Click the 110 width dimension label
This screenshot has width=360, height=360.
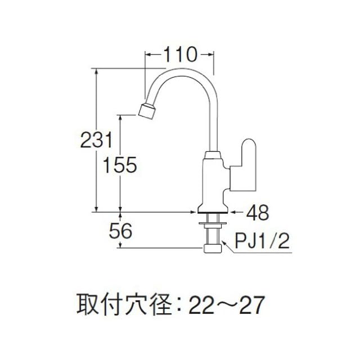(179, 55)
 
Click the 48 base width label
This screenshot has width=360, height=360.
(256, 212)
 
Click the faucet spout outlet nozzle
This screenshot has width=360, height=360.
(147, 110)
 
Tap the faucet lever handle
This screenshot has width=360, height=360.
(247, 165)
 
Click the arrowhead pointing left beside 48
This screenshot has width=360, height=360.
(233, 212)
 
